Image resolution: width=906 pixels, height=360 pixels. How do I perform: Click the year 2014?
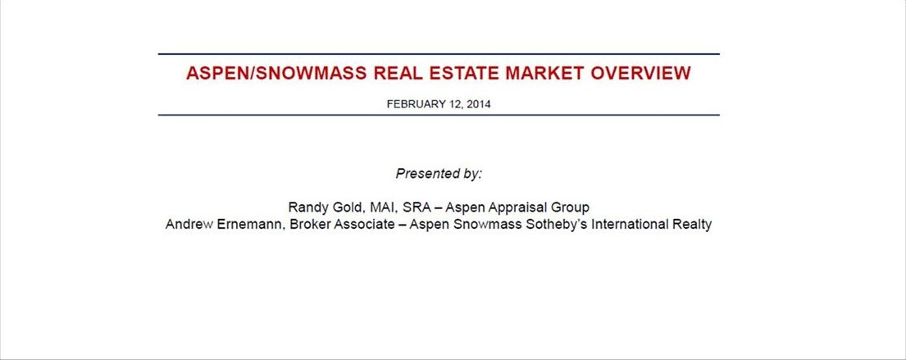pos(479,105)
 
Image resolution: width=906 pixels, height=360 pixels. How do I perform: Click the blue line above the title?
pos(439,54)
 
